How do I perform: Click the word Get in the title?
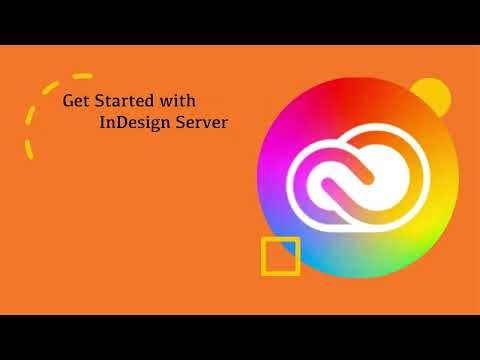tap(75, 101)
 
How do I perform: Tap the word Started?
tap(127, 101)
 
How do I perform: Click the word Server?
tap(199, 123)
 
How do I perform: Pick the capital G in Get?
tap(68, 101)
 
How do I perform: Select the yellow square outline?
tap(280, 256)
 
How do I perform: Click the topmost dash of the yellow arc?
tap(83, 75)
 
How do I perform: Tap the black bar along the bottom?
tap(240, 337)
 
